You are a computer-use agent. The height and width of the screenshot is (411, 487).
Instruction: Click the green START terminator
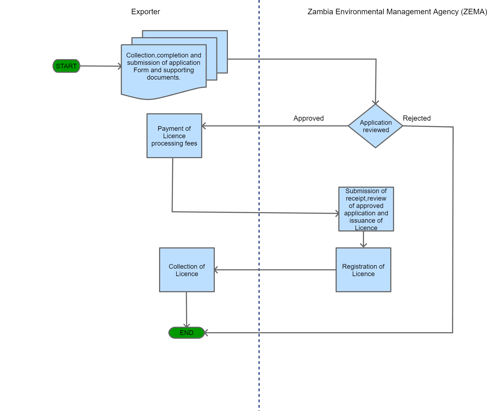(66, 66)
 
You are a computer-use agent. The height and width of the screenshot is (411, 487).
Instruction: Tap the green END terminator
(187, 333)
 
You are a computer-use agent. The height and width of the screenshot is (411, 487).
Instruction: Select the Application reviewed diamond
(375, 126)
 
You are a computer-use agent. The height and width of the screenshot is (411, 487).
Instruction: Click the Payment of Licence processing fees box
(174, 136)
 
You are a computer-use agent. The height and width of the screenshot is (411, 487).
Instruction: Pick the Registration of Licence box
(363, 270)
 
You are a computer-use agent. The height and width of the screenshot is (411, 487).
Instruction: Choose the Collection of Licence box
(187, 270)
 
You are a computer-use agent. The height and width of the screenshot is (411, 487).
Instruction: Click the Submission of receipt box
(366, 209)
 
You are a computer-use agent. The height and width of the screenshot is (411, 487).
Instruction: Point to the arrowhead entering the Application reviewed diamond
(376, 102)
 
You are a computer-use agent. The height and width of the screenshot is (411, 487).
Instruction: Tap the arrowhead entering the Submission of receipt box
(337, 213)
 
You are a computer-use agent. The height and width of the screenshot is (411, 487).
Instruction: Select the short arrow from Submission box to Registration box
(363, 239)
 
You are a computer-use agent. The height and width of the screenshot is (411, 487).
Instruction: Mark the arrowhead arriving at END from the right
(206, 333)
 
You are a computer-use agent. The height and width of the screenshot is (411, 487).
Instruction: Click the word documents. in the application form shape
(163, 77)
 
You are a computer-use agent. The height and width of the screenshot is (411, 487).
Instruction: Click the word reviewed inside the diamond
(376, 130)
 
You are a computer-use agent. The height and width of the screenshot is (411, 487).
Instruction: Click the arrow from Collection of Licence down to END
(186, 309)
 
